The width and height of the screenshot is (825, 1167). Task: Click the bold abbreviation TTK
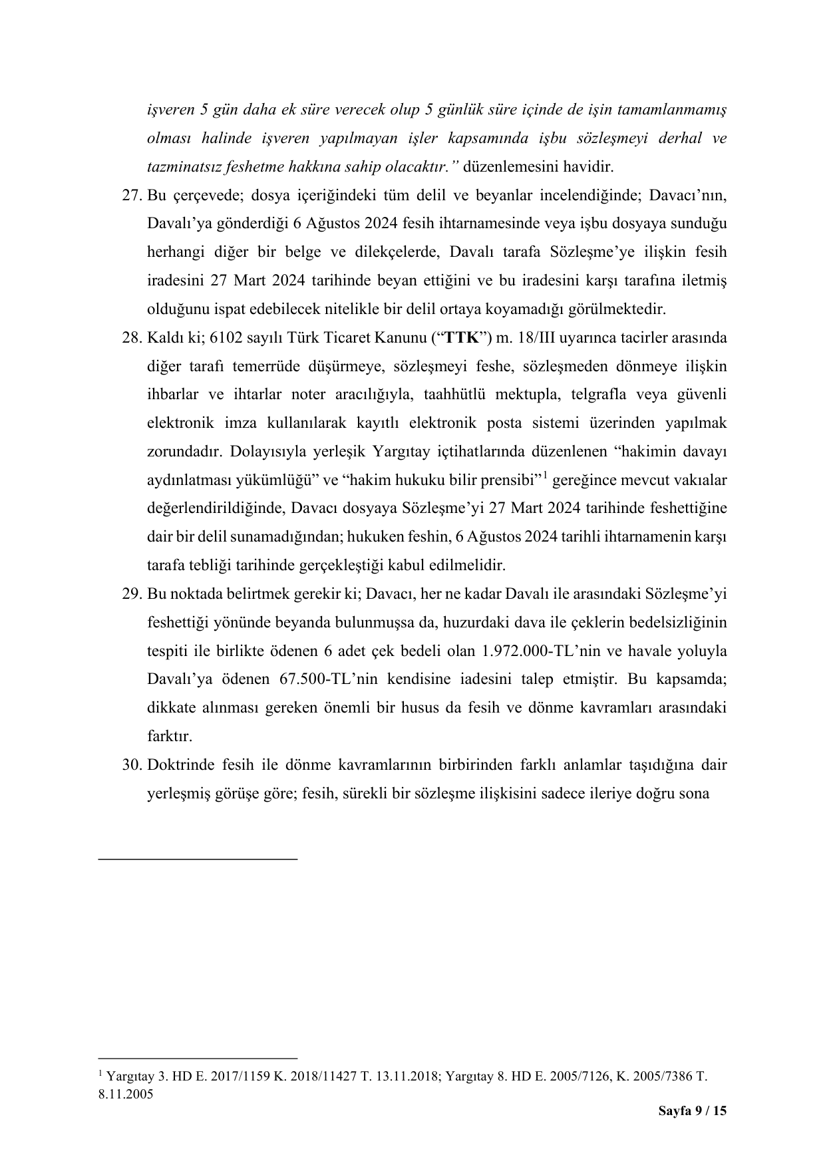tap(460, 338)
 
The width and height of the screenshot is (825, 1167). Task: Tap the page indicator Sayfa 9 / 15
tap(692, 1111)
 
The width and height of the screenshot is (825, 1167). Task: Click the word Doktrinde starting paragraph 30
tap(181, 764)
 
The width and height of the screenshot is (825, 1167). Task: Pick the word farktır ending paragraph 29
tap(170, 737)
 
